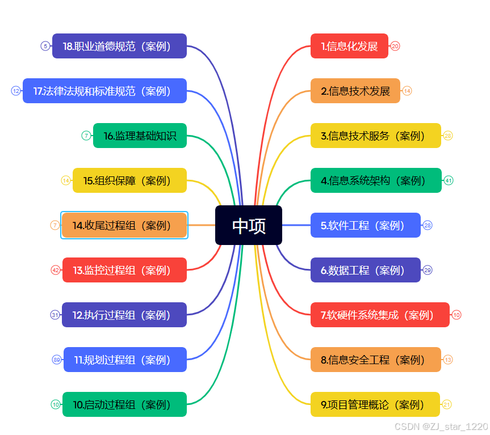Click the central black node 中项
click(x=249, y=225)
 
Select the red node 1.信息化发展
click(x=349, y=46)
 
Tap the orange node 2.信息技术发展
click(x=355, y=91)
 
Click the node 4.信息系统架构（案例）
click(x=375, y=180)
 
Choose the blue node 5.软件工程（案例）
click(x=365, y=225)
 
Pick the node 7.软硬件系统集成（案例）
click(x=380, y=315)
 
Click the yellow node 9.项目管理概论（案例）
click(x=375, y=404)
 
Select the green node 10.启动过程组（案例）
click(x=124, y=404)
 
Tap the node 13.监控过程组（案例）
click(x=124, y=270)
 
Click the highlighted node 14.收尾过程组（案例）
click(x=124, y=225)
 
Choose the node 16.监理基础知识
click(x=140, y=136)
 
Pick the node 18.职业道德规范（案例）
click(x=119, y=46)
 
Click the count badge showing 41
click(x=449, y=180)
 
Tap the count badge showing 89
click(x=57, y=360)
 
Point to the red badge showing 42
click(x=56, y=270)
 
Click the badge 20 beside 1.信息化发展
click(x=396, y=46)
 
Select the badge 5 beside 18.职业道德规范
click(x=45, y=46)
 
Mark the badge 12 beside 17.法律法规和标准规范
click(x=16, y=91)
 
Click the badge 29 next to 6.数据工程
click(x=428, y=270)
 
